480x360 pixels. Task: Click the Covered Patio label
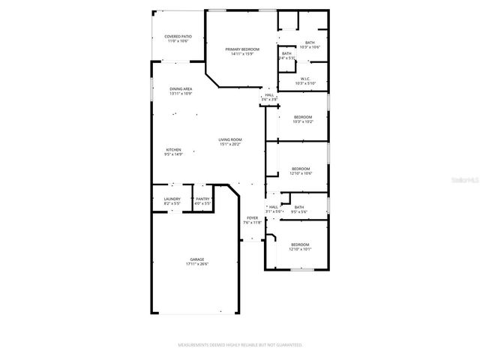pos(178,37)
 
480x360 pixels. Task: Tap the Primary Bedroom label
pos(242,49)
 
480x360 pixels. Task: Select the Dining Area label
pos(181,88)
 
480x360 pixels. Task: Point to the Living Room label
pos(230,139)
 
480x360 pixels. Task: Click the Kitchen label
pos(173,150)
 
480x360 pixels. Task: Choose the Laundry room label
pos(172,199)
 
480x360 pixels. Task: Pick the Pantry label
pos(202,199)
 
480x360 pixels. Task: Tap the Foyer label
pos(252,218)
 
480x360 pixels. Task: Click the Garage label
pos(197,259)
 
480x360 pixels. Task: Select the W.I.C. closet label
pos(305,78)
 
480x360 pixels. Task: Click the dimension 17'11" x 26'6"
pos(197,264)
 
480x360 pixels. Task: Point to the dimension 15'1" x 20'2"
pos(230,144)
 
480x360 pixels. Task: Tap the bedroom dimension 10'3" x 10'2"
pos(302,121)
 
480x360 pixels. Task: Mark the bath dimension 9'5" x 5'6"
pos(299,212)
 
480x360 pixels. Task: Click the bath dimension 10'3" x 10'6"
pos(310,47)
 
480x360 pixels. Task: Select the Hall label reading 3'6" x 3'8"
pos(269,95)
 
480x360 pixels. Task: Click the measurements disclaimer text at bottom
pos(239,346)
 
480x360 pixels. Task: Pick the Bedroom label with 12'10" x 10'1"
pos(300,245)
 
